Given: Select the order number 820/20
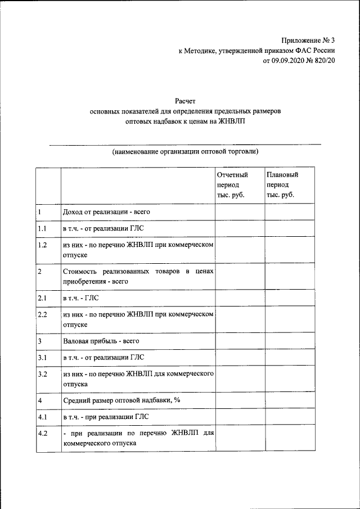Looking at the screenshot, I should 325,60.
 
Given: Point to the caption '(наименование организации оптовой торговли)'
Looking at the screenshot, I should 185,151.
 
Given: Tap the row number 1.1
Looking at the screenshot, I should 42,229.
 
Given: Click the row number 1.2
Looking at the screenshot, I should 42,245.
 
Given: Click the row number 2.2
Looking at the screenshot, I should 42,314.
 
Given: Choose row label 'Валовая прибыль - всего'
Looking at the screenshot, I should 101,341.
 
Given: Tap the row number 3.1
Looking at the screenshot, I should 42,358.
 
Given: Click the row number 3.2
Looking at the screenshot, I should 42,373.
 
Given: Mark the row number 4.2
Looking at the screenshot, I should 42,433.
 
